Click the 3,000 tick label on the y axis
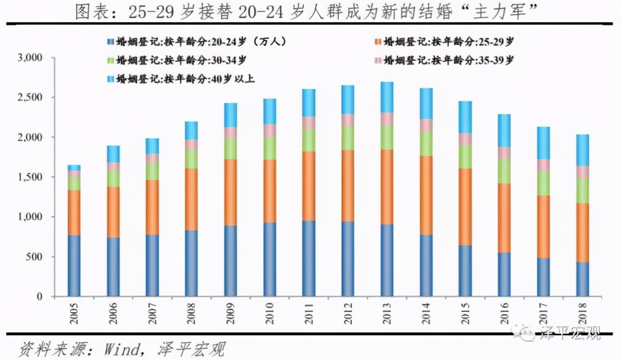coord(32,57)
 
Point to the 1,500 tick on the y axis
coord(32,177)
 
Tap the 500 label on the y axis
coord(37,257)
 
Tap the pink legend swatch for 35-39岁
coord(377,61)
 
